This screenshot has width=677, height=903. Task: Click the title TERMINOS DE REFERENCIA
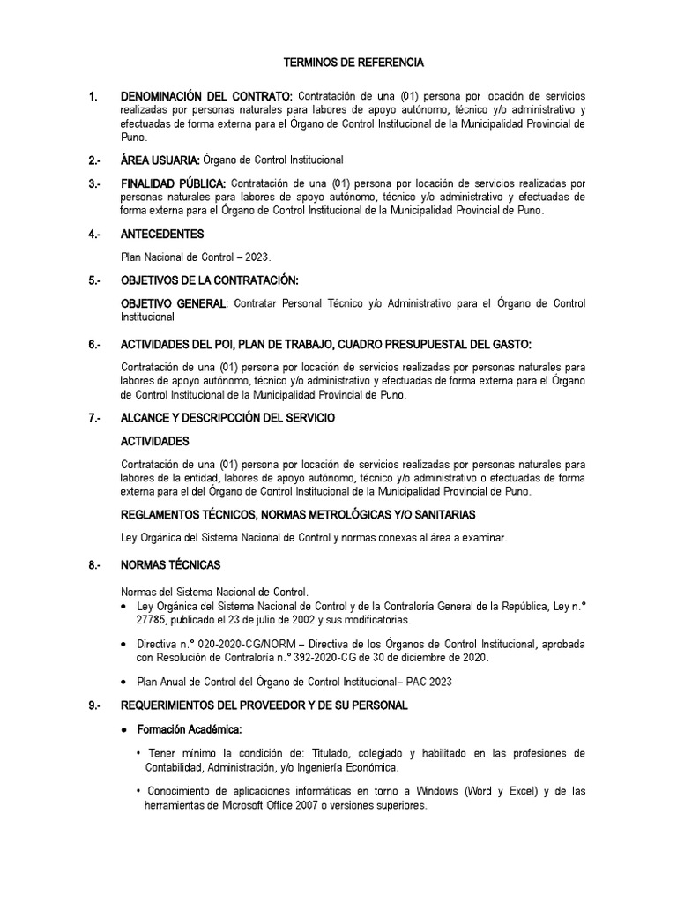coord(353,63)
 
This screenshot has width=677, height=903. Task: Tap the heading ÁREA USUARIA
coord(160,160)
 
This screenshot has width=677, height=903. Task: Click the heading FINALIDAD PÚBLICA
coord(174,183)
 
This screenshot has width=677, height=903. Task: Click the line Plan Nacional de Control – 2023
coord(196,257)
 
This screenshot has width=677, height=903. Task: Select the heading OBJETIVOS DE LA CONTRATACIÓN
coord(210,280)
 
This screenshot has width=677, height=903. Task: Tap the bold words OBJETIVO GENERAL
coord(173,304)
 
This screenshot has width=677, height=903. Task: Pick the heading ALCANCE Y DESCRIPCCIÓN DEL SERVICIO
coord(227,417)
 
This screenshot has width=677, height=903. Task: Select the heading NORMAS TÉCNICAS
coord(170,564)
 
